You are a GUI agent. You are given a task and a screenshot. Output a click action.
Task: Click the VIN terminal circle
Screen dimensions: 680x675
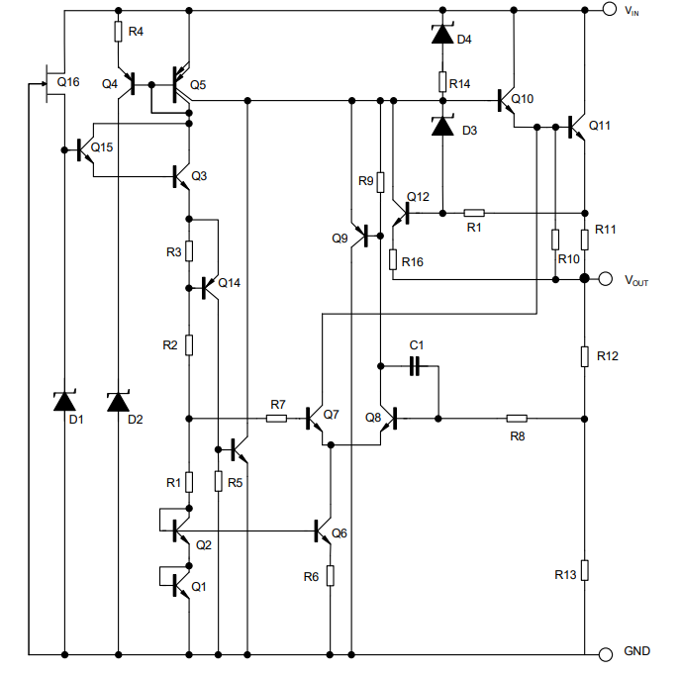[610, 9]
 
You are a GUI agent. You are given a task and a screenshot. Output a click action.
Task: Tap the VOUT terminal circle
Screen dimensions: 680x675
[606, 279]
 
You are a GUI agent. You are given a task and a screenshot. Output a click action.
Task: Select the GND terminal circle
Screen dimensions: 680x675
[606, 654]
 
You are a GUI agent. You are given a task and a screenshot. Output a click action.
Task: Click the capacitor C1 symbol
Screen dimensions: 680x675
[415, 366]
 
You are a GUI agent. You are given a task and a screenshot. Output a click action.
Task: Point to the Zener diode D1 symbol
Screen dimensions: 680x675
[64, 401]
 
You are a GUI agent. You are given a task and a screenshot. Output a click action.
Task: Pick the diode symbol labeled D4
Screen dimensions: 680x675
[442, 34]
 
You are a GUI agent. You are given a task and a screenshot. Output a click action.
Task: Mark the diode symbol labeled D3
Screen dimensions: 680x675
[442, 126]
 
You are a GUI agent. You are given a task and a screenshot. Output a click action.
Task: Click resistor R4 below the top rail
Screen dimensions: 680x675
[118, 32]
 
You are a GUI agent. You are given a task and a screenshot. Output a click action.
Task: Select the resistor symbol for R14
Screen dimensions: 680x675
[442, 82]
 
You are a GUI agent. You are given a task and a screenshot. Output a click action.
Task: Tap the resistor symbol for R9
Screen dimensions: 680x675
[380, 182]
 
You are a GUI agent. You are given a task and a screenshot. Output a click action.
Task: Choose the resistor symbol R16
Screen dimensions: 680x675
[393, 259]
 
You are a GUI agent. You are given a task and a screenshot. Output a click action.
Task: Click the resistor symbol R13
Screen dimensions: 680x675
[585, 570]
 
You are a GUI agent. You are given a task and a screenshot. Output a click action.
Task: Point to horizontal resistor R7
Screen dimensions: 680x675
[276, 419]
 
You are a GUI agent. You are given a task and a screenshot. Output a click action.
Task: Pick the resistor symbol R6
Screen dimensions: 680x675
[331, 576]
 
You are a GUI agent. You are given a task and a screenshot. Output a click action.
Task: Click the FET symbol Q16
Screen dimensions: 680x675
[52, 83]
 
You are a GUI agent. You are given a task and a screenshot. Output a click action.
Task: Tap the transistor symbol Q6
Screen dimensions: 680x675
[323, 531]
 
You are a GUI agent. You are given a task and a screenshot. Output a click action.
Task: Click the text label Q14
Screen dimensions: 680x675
[229, 283]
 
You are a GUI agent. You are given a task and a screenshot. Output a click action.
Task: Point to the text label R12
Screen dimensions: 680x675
[607, 356]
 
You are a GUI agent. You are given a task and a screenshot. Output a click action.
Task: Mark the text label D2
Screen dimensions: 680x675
[136, 420]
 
